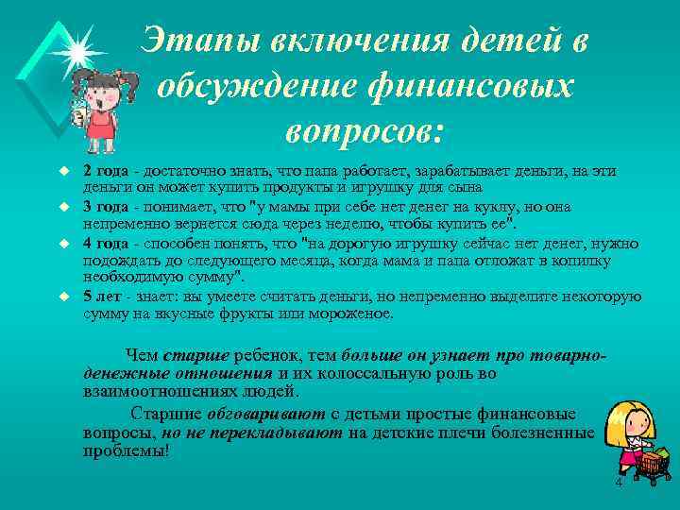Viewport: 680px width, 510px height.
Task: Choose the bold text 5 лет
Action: click(x=101, y=297)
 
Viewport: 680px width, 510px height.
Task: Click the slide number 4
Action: click(x=619, y=483)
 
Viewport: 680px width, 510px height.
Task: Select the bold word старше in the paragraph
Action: click(x=195, y=356)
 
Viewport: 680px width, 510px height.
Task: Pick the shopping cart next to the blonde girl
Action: click(x=653, y=464)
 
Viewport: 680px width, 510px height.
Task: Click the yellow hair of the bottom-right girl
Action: click(x=627, y=416)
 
